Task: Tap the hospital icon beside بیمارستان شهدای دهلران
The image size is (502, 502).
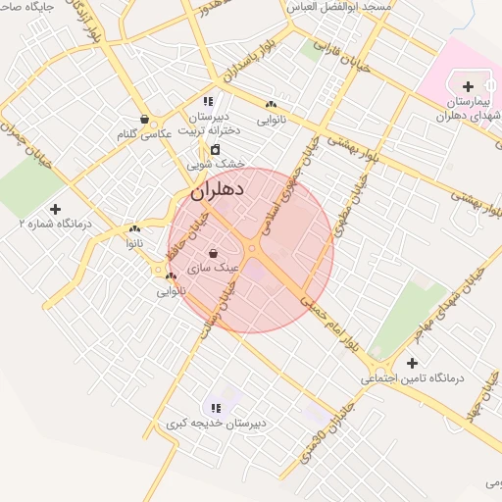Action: pos(467,87)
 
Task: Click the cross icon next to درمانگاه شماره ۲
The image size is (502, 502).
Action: pos(55,209)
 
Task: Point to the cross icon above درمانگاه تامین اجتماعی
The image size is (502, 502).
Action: pos(412,363)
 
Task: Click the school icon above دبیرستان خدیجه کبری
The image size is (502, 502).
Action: pos(213,407)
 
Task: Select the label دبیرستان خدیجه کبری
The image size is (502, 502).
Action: pos(216,424)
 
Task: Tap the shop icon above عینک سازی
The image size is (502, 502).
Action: pos(213,254)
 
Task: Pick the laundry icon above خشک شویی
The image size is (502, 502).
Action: pos(215,149)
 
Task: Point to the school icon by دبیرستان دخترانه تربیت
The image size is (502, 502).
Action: pos(207,101)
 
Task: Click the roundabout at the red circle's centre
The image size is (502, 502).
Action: pos(252,250)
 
